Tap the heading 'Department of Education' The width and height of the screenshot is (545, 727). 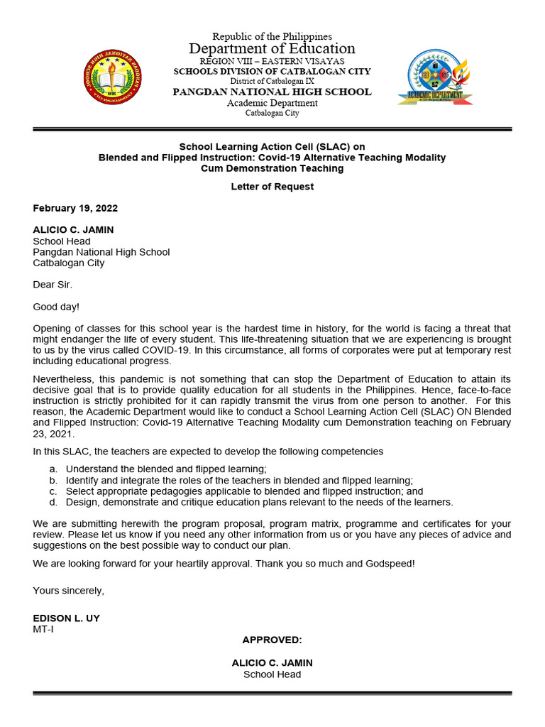click(x=272, y=49)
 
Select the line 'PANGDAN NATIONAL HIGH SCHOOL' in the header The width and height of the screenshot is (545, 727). click(x=272, y=92)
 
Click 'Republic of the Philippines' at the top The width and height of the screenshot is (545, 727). click(x=272, y=36)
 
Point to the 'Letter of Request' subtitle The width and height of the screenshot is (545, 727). click(x=272, y=187)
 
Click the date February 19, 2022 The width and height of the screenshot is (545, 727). click(x=75, y=209)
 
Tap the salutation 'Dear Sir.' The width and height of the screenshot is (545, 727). click(x=53, y=285)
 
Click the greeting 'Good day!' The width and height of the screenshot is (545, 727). click(x=56, y=307)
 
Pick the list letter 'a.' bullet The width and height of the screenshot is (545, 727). click(x=53, y=469)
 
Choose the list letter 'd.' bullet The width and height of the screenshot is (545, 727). click(x=53, y=502)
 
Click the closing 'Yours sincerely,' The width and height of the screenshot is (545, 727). click(x=69, y=591)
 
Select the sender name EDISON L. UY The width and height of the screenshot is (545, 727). click(x=67, y=618)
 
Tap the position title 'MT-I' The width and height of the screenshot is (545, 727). click(x=43, y=629)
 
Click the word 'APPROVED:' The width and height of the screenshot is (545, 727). click(x=272, y=640)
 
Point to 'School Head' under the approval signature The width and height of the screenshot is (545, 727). click(x=272, y=674)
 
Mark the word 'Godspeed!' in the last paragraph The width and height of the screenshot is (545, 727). click(x=390, y=563)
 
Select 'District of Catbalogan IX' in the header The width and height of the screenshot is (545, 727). click(x=272, y=82)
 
